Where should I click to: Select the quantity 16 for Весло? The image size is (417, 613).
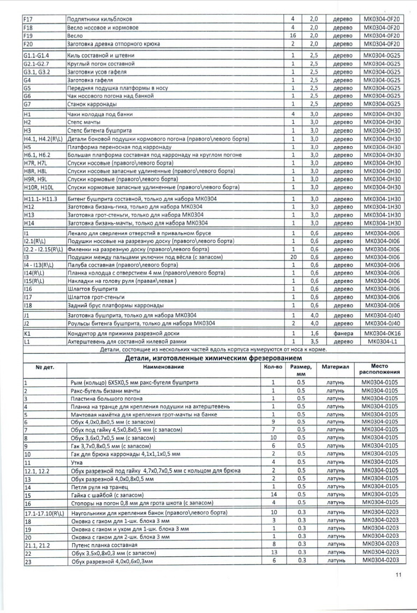click(x=293, y=35)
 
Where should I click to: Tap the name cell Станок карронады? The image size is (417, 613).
click(x=90, y=105)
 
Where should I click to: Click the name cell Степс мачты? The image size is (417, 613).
click(x=82, y=123)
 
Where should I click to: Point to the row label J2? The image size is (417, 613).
click(x=26, y=323)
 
